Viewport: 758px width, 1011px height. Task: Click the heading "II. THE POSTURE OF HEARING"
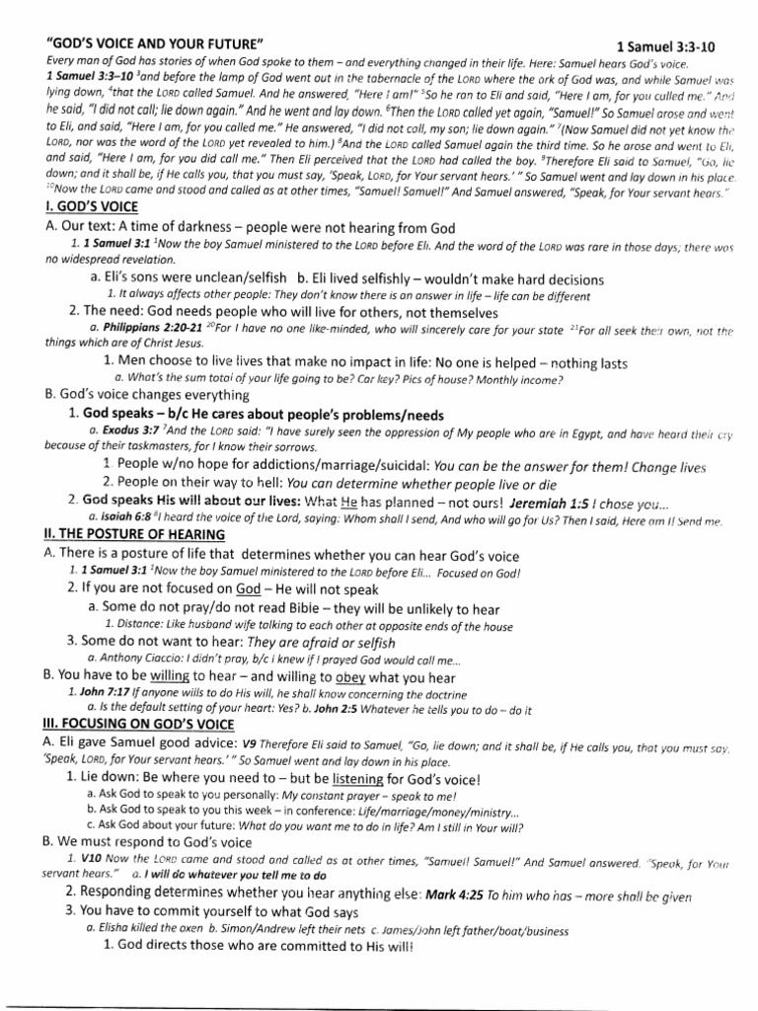point(134,534)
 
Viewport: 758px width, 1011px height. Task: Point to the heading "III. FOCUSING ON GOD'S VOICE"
point(140,724)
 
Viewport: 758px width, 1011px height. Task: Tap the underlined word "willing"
point(168,677)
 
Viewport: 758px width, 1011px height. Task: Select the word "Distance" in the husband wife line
point(138,626)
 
